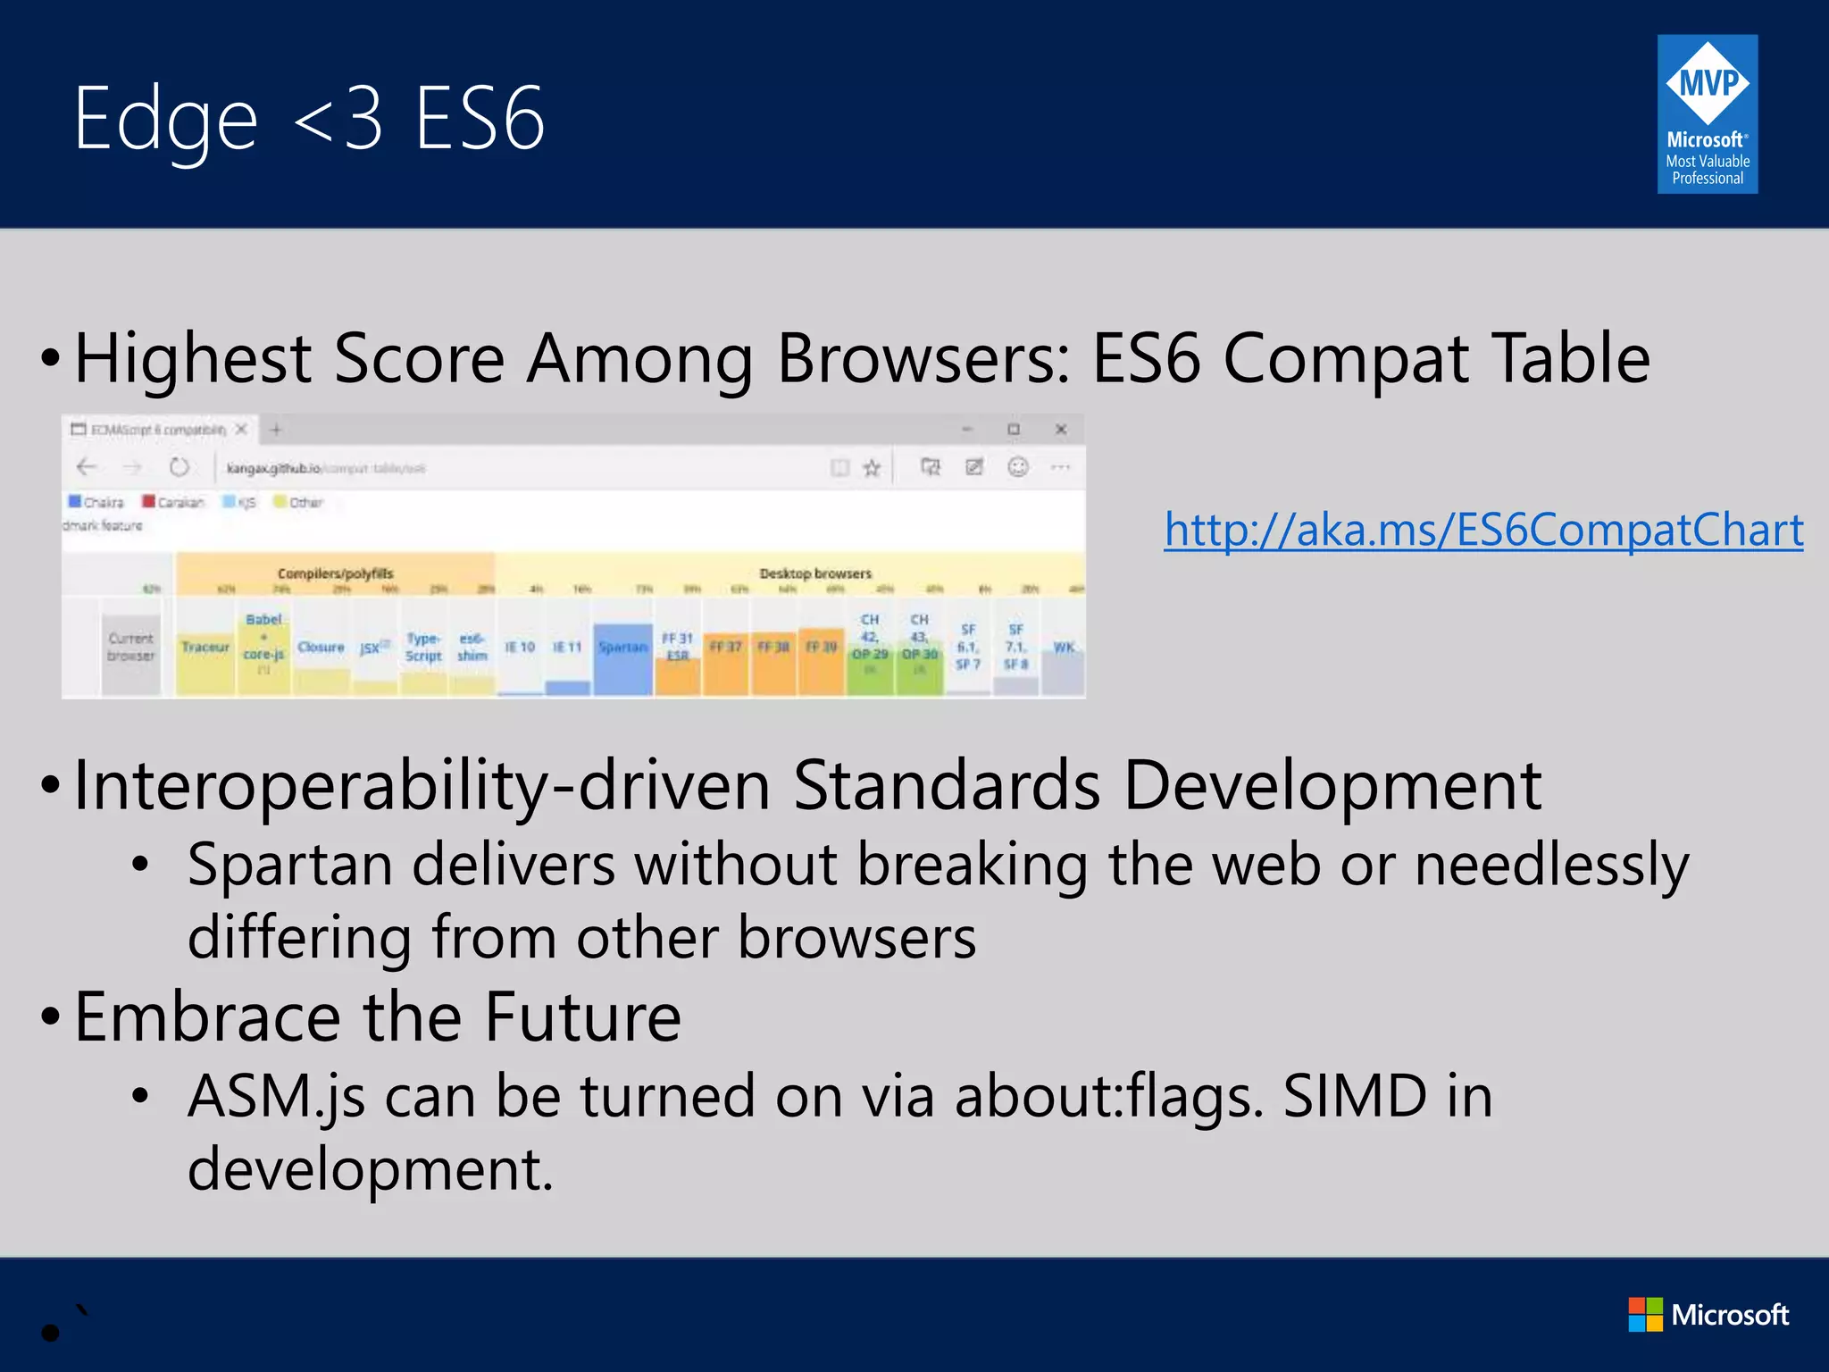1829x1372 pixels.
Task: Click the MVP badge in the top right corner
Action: (1707, 114)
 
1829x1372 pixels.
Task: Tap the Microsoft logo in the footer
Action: (1708, 1315)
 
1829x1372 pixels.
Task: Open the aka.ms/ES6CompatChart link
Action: (1483, 530)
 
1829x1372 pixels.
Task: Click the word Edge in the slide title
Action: (166, 119)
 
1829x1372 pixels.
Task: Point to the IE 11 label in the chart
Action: (567, 647)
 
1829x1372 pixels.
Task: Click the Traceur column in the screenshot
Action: (205, 647)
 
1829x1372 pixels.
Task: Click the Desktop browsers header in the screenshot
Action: (814, 573)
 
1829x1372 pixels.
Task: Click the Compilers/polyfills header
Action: (335, 573)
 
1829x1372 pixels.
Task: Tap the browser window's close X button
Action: (1061, 430)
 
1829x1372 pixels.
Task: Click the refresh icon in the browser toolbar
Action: (180, 467)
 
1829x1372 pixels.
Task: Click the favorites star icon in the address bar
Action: (872, 467)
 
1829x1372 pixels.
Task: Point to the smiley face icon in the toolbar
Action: (1018, 467)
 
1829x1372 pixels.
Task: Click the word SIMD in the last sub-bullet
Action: (1355, 1096)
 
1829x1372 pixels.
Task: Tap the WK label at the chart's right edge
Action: (1063, 647)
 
